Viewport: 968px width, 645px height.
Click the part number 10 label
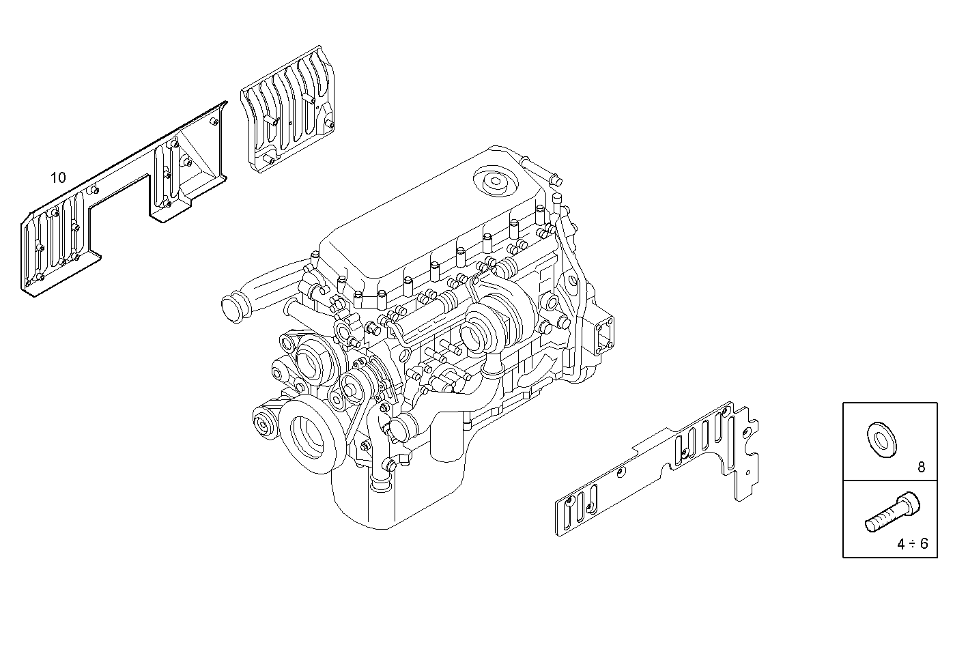click(x=58, y=178)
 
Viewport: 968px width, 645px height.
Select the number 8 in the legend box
click(x=921, y=468)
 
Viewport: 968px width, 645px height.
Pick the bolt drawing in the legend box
click(x=892, y=513)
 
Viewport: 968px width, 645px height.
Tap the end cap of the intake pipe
click(x=235, y=308)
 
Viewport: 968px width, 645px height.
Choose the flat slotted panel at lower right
click(x=655, y=471)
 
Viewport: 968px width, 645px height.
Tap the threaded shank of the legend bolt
click(x=881, y=520)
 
